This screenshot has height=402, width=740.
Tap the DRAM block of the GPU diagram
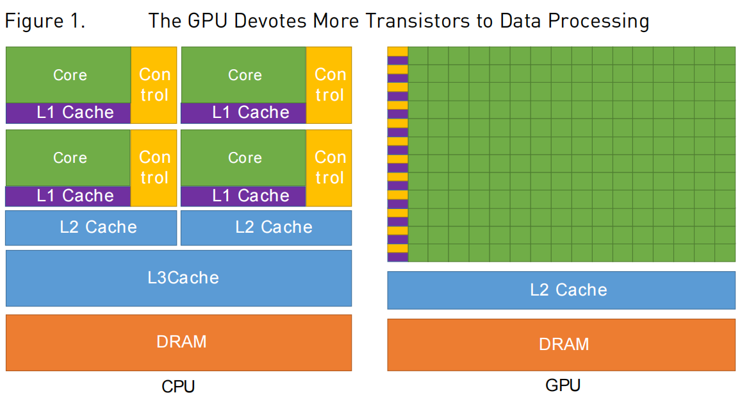[x=561, y=344]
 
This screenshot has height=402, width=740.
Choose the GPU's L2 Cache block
[x=561, y=290]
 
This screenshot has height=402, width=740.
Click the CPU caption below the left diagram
[x=178, y=387]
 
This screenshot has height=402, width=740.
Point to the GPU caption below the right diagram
[x=563, y=385]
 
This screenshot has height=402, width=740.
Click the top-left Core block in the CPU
[x=69, y=74]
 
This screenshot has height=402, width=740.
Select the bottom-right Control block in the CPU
[x=329, y=167]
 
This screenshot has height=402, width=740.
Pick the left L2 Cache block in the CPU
[x=91, y=227]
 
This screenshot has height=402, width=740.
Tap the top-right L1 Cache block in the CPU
[x=243, y=113]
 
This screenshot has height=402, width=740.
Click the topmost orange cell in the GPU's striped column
[x=397, y=51]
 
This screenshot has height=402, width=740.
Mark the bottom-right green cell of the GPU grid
[x=725, y=253]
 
